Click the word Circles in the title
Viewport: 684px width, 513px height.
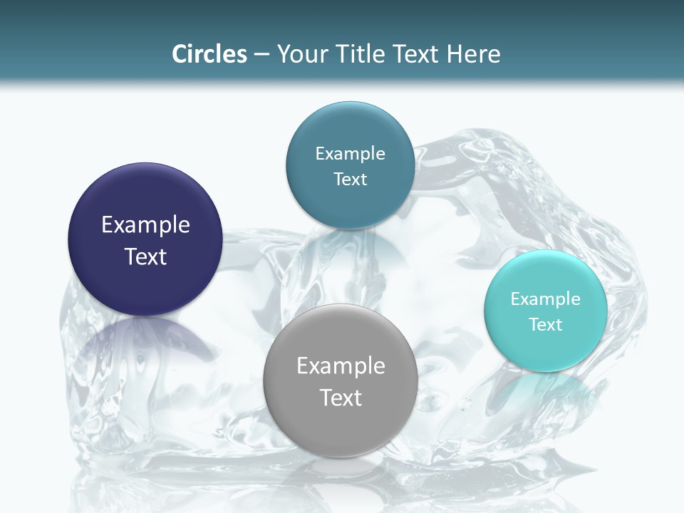209,54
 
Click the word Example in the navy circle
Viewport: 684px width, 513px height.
145,225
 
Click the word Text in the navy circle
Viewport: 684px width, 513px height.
145,256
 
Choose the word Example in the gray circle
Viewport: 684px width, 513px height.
341,366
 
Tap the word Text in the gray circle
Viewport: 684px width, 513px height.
341,398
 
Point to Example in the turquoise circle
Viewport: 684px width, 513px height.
545,299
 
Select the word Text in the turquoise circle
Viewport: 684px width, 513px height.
545,325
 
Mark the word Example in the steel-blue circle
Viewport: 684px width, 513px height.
350,154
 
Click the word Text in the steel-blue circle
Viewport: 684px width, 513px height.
350,180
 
